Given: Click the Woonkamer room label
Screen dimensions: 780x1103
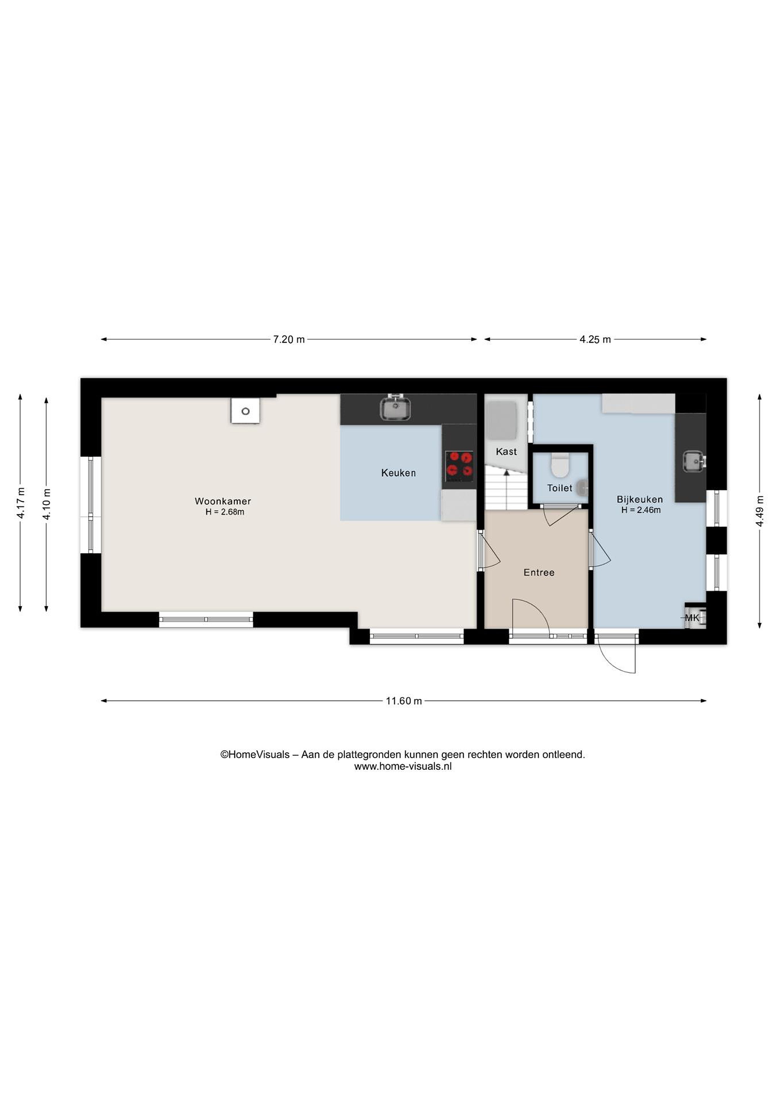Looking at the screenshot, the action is [x=222, y=501].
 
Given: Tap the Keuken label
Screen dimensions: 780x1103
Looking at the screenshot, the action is [x=398, y=473].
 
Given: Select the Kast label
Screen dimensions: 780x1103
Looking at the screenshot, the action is [x=506, y=452].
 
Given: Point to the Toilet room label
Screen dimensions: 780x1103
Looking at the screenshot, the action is [x=559, y=488].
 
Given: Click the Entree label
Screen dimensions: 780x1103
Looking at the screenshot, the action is [x=539, y=573].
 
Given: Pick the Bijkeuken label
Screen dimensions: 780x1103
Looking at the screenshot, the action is [x=640, y=500].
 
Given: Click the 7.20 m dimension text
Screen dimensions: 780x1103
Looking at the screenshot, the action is [x=289, y=340].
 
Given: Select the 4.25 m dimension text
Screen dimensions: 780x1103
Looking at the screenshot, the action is [x=595, y=340].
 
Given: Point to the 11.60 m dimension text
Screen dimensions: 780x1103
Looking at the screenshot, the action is [x=404, y=701].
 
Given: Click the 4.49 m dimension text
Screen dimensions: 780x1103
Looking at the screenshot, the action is [x=759, y=511].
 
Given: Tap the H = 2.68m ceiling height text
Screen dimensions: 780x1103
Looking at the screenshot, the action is [x=225, y=512].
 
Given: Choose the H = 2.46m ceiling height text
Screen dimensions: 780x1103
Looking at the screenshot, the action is [x=641, y=510].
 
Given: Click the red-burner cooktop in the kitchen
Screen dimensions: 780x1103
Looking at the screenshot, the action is [x=459, y=466].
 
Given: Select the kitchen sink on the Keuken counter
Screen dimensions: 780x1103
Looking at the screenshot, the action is [x=395, y=408].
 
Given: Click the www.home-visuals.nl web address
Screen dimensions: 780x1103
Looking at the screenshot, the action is [x=403, y=767].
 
